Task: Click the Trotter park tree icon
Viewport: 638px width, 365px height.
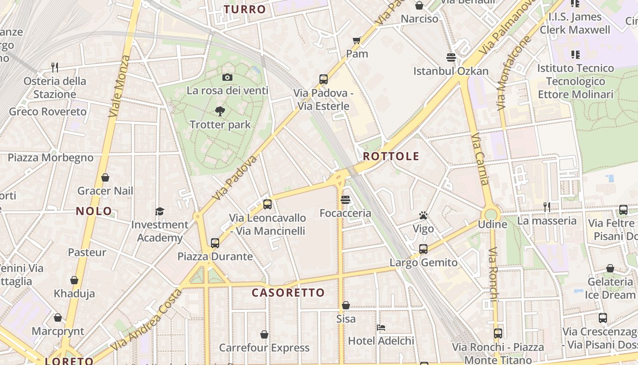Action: (220, 111)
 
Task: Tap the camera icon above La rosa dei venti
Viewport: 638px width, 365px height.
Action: (227, 77)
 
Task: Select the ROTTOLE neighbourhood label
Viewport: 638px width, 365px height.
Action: (391, 156)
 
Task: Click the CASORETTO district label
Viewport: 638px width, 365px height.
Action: (288, 292)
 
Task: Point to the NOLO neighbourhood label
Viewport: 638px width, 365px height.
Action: (94, 211)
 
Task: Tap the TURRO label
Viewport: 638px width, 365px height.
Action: (245, 9)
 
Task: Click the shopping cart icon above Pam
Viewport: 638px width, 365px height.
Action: (357, 40)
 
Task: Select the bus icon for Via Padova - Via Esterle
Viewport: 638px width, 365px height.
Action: (324, 79)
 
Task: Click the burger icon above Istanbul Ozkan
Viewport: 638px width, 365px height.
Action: (451, 57)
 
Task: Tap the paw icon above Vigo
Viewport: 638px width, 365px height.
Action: (423, 215)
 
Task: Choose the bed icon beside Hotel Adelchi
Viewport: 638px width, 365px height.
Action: (381, 327)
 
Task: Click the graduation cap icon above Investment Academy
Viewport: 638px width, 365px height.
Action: (159, 211)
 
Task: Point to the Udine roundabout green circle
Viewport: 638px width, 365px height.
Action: (491, 214)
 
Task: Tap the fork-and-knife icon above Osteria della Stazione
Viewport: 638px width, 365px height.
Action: (55, 68)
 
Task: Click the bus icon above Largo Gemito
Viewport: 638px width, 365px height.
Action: (423, 249)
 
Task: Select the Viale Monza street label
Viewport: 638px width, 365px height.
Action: (119, 87)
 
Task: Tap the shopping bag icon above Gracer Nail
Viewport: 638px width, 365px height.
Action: (105, 177)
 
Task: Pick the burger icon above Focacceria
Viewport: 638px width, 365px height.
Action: (345, 199)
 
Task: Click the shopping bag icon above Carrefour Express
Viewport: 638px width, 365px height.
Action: (264, 334)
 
